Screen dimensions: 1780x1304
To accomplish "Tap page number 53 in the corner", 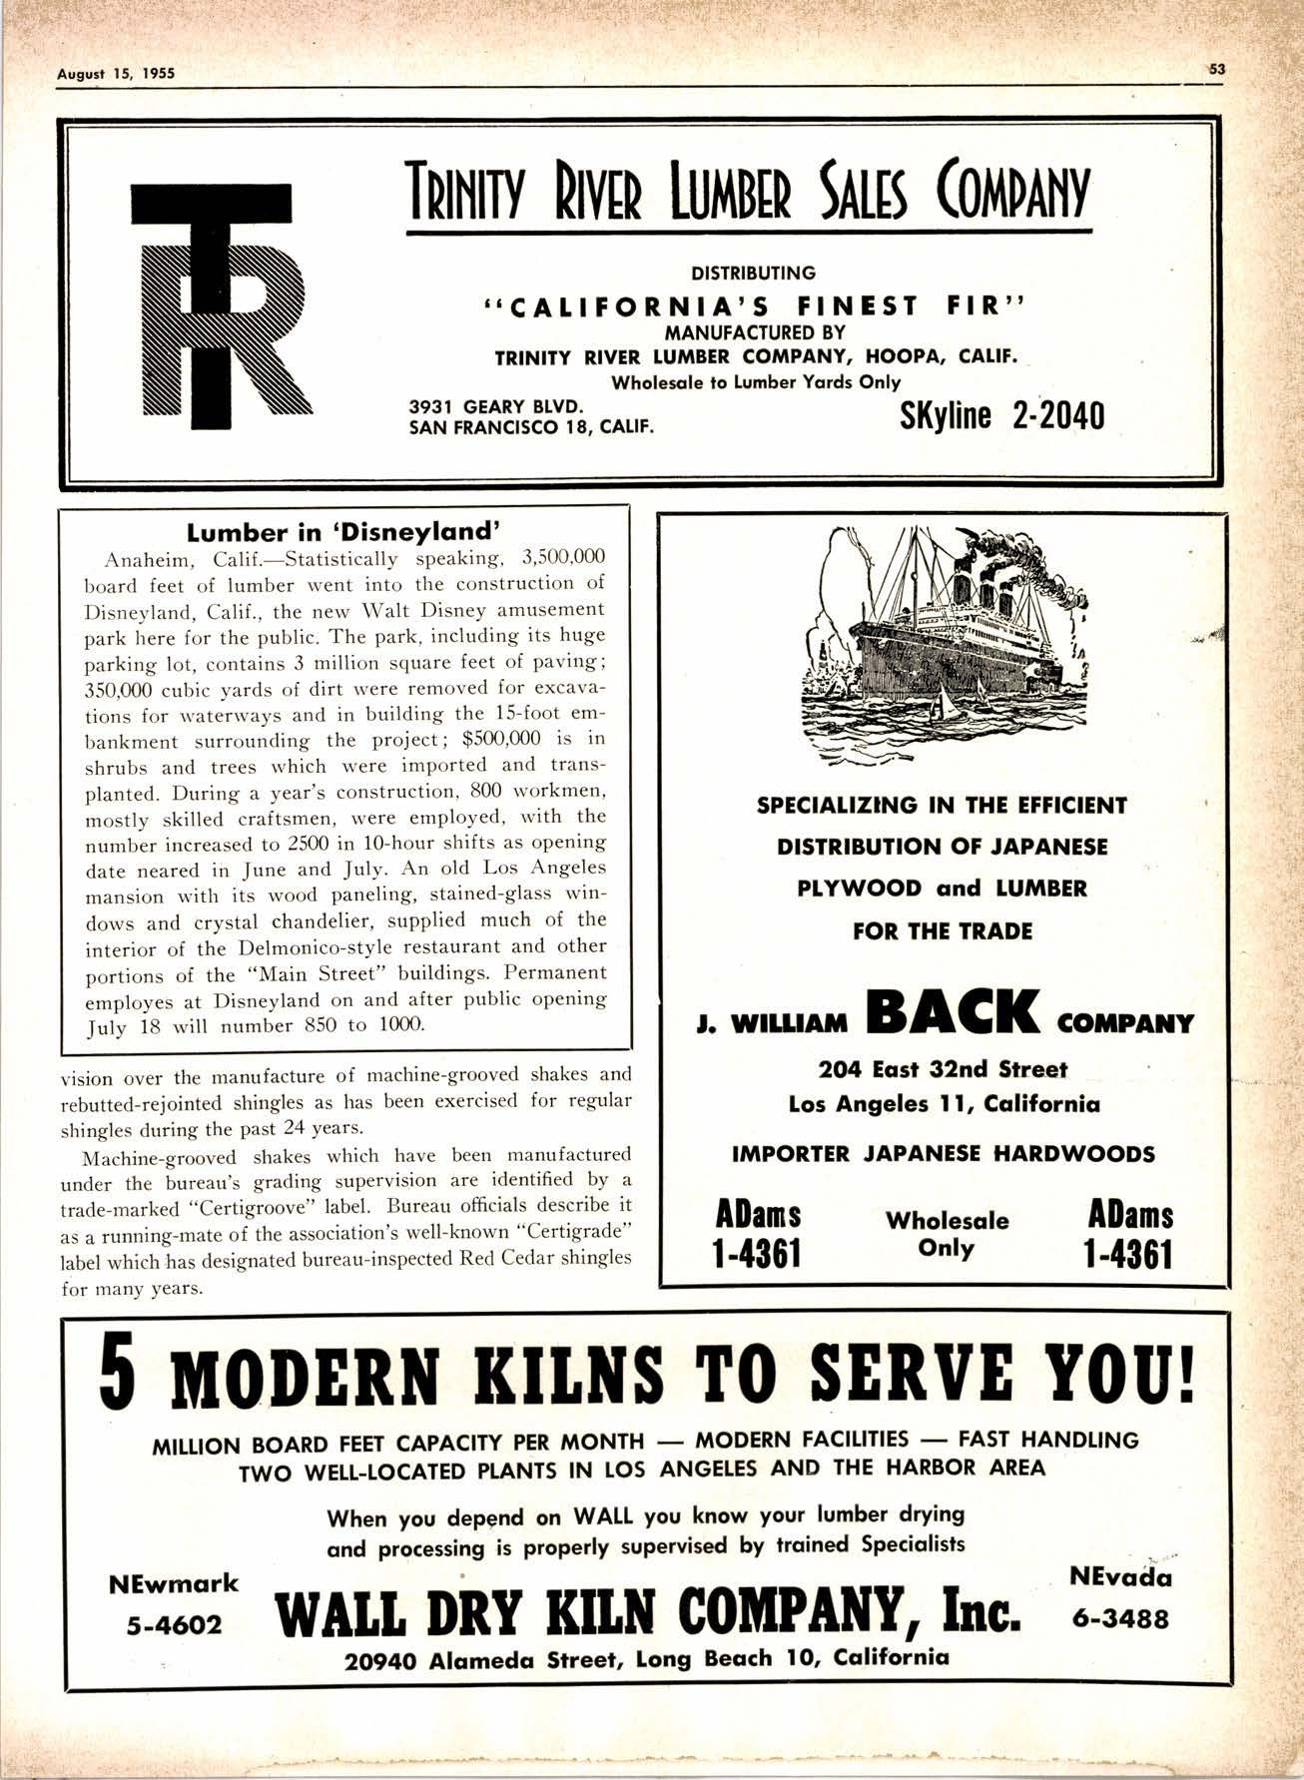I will (x=1216, y=70).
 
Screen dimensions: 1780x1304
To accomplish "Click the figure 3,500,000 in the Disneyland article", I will (x=564, y=557).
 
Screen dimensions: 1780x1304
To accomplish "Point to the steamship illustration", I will (x=943, y=647).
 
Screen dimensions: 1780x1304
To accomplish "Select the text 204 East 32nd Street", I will (x=943, y=1069).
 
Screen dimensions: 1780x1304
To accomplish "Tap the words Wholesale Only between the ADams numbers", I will (x=946, y=1234).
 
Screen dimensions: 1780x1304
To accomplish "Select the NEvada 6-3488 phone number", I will (x=1120, y=1598).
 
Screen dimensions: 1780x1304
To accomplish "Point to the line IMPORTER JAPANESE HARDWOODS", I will (x=943, y=1154).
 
